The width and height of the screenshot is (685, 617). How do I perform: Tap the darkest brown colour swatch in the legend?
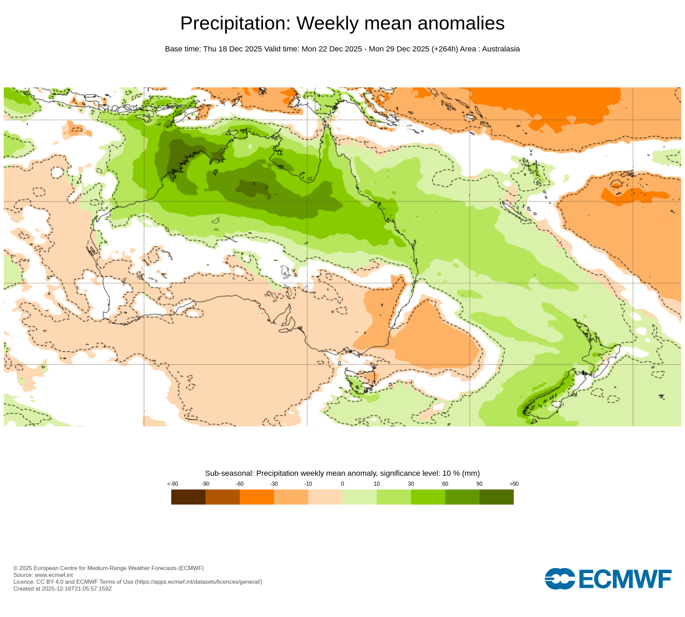[188, 497]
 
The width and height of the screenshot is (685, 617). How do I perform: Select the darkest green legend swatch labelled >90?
[496, 497]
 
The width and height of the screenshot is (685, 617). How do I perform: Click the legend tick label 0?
[342, 484]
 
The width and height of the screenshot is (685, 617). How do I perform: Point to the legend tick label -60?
[239, 484]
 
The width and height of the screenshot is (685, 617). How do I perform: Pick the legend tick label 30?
[411, 484]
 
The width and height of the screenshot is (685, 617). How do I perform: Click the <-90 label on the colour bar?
[173, 484]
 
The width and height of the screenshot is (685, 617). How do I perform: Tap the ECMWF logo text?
[625, 580]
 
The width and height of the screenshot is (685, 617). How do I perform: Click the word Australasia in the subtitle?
[501, 49]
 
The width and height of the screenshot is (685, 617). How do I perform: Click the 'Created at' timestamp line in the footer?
[62, 589]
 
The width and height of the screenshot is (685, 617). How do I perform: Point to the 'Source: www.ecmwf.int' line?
[43, 575]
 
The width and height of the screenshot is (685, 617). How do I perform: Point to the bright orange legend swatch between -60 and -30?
[257, 497]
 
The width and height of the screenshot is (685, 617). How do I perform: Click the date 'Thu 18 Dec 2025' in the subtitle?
[233, 49]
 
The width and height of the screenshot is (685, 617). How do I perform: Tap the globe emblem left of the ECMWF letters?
[560, 579]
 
